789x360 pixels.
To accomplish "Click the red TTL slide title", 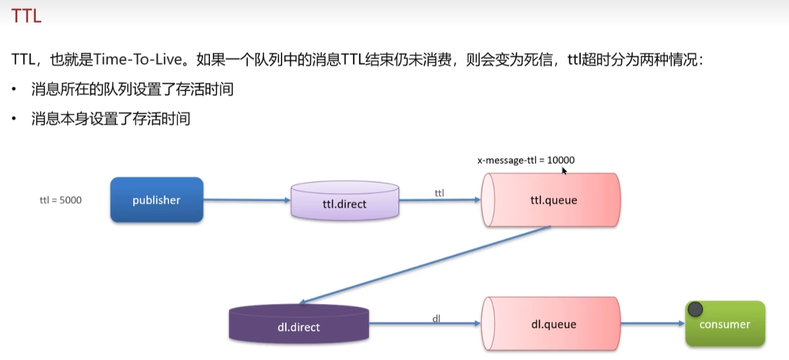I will click(27, 16).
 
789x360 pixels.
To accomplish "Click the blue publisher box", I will click(156, 200).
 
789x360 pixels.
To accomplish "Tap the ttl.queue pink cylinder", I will click(552, 200).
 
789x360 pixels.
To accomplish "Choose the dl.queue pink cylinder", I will click(552, 324).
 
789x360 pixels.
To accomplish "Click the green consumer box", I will click(725, 324).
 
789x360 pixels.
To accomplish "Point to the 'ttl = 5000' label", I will click(61, 200).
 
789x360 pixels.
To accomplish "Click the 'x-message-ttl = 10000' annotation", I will click(525, 160).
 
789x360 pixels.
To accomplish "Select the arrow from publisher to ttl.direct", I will click(247, 200).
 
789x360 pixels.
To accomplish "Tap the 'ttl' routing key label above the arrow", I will click(439, 193).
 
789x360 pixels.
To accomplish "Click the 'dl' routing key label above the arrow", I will click(437, 318).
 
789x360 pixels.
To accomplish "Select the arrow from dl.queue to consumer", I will click(652, 324).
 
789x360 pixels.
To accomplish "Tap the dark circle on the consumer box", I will click(695, 309).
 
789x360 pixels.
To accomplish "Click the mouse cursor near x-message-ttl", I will click(565, 171).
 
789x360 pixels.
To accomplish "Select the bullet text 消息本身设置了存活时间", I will click(111, 119).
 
